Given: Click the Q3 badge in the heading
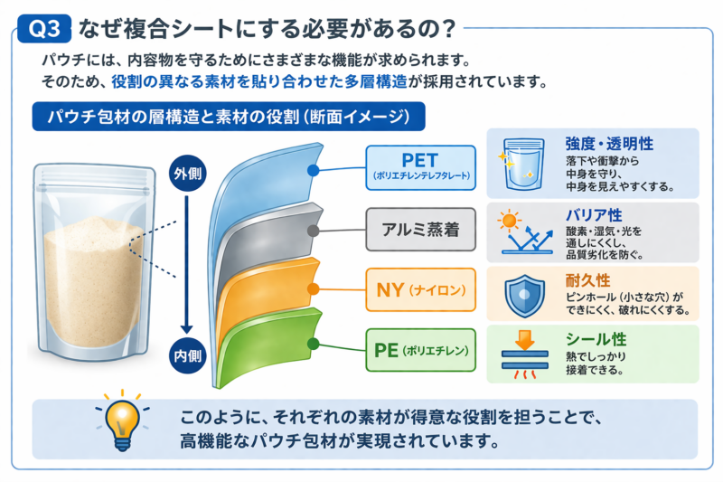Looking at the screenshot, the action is (x=44, y=29).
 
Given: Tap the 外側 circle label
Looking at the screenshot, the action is (x=187, y=174).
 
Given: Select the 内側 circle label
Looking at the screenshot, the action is (x=187, y=355).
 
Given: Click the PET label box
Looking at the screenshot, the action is (x=420, y=168).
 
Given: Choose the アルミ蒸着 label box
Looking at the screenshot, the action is (x=420, y=229).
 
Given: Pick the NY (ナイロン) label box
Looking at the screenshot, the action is (x=420, y=289).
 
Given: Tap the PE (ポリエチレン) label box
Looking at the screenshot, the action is (x=420, y=350).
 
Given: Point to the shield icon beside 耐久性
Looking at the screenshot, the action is (x=524, y=296).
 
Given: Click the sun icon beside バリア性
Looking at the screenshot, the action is (x=510, y=221).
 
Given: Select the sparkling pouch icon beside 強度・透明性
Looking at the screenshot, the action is (x=522, y=164).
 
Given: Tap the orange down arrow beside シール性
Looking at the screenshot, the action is (x=525, y=339).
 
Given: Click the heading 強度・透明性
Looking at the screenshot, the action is (x=609, y=144).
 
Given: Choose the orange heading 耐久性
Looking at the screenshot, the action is (x=588, y=280).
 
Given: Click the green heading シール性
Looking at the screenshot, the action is (x=596, y=339).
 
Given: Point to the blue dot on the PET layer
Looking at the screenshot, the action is (x=313, y=171).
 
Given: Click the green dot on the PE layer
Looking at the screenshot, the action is (x=313, y=344).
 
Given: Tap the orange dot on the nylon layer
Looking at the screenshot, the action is (x=313, y=289).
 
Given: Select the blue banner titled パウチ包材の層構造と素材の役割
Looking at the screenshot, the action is (x=229, y=117).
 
